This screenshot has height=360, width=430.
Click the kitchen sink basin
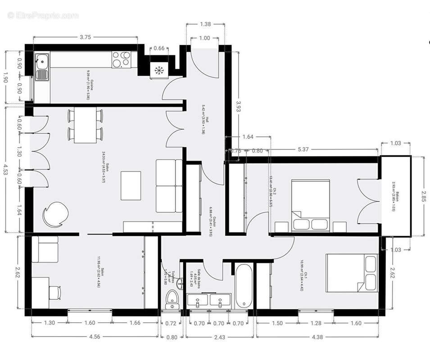(x=42, y=60)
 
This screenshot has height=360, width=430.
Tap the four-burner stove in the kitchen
(x=122, y=59)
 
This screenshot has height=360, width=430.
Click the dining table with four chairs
(x=86, y=126)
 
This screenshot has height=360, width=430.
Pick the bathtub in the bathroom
(x=243, y=285)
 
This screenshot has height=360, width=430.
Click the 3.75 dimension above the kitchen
(x=86, y=38)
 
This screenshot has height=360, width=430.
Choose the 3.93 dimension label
(x=240, y=108)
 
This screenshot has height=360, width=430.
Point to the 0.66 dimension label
(x=159, y=48)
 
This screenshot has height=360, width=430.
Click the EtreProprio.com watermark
(x=43, y=16)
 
